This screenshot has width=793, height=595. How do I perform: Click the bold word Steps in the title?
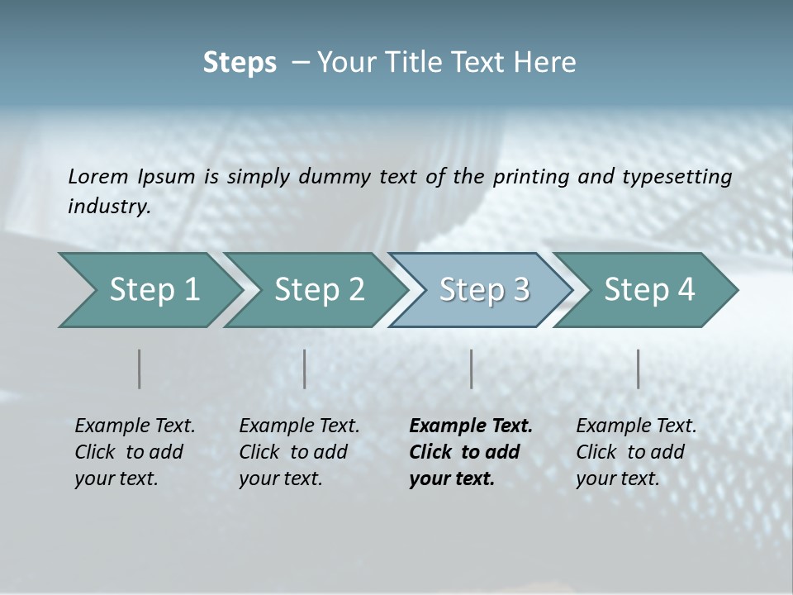tap(240, 63)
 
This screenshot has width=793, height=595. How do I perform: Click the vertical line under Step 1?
tap(140, 369)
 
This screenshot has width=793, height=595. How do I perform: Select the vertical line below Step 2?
tap(305, 369)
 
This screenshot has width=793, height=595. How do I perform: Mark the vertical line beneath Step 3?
tap(472, 369)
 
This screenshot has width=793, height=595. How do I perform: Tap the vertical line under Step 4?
tap(639, 369)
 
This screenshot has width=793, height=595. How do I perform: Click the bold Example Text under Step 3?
tap(471, 426)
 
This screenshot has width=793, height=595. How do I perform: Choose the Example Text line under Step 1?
tap(135, 426)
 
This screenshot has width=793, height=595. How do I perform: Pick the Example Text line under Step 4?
tap(636, 426)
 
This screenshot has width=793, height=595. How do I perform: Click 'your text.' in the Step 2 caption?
tap(280, 478)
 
